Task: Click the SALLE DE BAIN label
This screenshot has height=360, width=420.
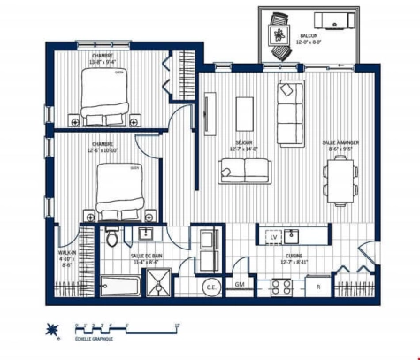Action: [146, 257]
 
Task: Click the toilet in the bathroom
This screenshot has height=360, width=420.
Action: [111, 238]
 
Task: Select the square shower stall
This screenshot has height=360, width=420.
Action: [160, 285]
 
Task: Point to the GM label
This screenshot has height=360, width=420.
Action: [240, 284]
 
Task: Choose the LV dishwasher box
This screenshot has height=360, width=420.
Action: [273, 237]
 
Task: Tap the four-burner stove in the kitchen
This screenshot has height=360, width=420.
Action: [282, 287]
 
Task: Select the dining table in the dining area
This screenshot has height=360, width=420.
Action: [339, 180]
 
